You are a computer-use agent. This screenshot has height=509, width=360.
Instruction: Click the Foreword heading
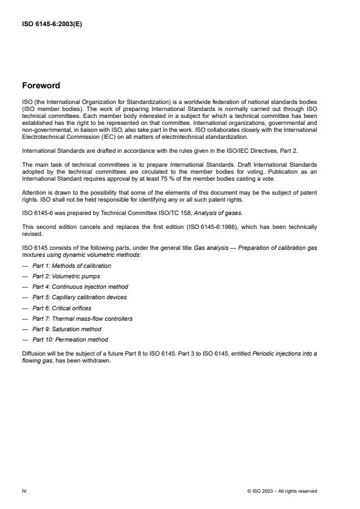41,85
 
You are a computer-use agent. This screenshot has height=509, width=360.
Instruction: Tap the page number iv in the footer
24,491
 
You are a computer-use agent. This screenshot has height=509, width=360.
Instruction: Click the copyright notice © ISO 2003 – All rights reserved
282,491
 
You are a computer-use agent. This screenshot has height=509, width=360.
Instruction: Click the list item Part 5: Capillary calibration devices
80,297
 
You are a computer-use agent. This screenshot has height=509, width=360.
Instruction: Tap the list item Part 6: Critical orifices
62,308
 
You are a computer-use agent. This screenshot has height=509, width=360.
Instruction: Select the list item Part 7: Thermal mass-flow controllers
83,318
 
